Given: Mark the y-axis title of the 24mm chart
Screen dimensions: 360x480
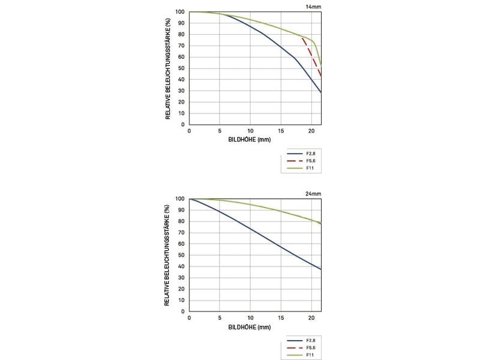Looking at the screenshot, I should pos(169,255).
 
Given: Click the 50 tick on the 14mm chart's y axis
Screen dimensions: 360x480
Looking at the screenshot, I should pos(181,68).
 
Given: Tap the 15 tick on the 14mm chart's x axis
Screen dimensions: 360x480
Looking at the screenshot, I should pos(281,130).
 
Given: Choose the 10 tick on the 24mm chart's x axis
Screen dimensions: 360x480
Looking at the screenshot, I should pos(250,317).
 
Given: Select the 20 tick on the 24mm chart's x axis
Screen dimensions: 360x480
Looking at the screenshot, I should pos(311,317).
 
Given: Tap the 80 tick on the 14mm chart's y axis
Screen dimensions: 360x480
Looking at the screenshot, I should pos(181,34).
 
